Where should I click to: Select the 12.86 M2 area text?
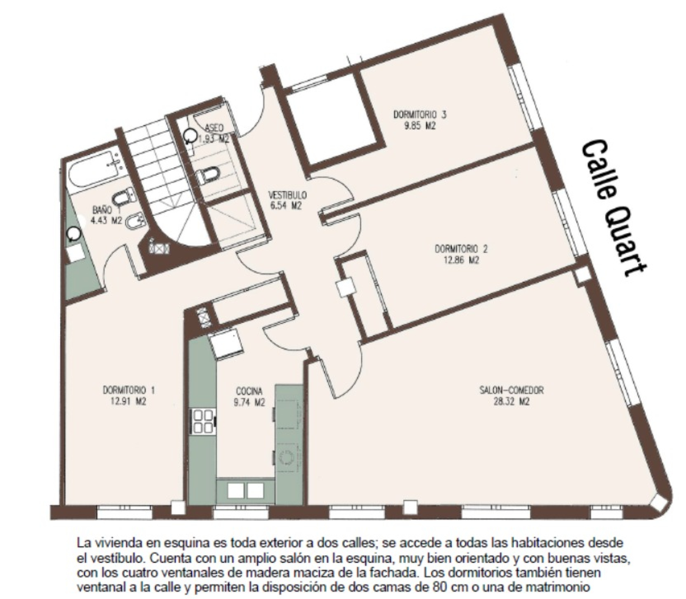[461, 260]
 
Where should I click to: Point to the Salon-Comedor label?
[512, 390]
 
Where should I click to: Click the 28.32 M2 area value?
[512, 402]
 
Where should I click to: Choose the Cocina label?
[249, 391]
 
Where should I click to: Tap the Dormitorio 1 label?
[129, 390]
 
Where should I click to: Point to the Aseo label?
[214, 128]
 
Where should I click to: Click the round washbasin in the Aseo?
[190, 136]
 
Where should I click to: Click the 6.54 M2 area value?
[288, 206]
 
